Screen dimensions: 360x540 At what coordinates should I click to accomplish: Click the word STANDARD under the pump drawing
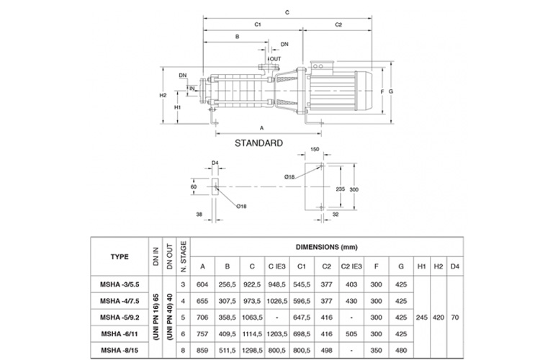click(x=258, y=143)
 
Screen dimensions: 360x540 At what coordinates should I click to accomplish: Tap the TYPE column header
click(x=120, y=255)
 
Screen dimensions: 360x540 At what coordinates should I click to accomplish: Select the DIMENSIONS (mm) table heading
click(x=333, y=245)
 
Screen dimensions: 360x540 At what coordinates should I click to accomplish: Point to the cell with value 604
click(x=202, y=284)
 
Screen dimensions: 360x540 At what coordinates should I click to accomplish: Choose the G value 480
click(x=402, y=350)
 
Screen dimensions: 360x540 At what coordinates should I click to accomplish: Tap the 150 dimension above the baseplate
click(x=315, y=150)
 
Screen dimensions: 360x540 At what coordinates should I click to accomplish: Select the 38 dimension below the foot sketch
click(x=198, y=213)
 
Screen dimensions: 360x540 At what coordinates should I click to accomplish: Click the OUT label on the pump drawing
click(x=276, y=58)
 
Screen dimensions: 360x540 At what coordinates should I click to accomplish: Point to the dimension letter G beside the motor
click(x=390, y=91)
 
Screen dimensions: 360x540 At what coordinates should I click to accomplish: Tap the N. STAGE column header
click(x=184, y=256)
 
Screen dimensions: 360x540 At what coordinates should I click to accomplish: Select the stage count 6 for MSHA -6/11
click(x=184, y=333)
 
